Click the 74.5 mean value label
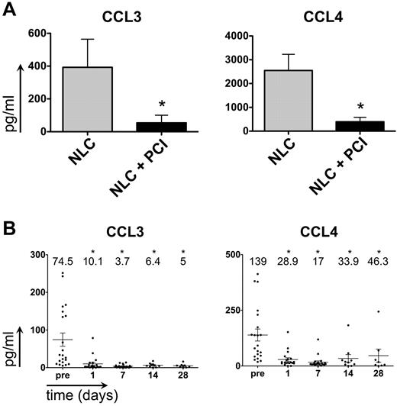pos(62,263)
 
